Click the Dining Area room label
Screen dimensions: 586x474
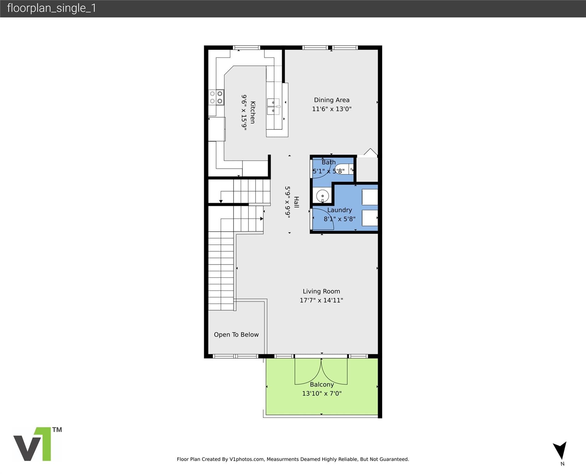tap(332, 100)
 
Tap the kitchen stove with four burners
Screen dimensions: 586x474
tap(216, 98)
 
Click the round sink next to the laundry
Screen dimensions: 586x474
tap(323, 196)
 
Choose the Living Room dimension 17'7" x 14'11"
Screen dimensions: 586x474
tap(321, 300)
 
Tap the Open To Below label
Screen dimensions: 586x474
tap(236, 335)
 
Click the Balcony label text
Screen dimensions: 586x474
tap(322, 385)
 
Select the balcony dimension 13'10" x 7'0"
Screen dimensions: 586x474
tap(322, 393)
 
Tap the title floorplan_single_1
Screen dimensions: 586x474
tap(52, 8)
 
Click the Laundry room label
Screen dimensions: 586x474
tap(339, 210)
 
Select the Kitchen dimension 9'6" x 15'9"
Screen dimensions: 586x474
tap(244, 113)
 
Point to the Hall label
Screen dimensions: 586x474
tap(296, 202)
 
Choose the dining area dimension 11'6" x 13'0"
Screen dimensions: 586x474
tap(332, 109)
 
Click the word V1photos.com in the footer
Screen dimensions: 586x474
tap(247, 459)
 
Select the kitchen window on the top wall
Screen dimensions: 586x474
tap(246, 48)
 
